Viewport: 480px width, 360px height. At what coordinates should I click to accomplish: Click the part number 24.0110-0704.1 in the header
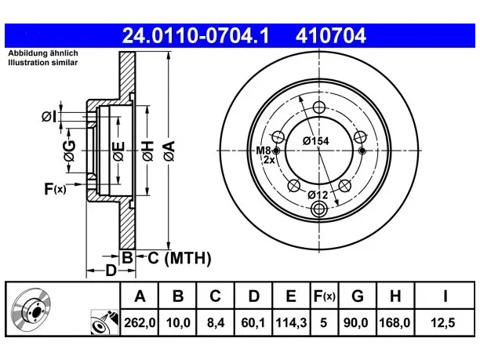(x=195, y=35)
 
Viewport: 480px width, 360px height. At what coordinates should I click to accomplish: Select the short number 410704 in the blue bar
(x=331, y=35)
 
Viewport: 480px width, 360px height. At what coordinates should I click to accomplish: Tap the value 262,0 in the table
(x=140, y=322)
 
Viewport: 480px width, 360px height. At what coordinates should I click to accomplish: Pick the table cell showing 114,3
(x=291, y=322)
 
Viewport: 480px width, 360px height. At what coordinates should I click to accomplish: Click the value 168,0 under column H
(x=395, y=322)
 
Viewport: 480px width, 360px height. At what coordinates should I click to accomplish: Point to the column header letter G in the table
(x=358, y=296)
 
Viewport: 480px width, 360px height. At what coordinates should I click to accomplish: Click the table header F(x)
(x=325, y=296)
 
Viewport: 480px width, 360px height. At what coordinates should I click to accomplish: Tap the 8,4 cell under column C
(x=216, y=322)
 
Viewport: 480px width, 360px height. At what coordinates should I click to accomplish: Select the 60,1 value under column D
(x=253, y=322)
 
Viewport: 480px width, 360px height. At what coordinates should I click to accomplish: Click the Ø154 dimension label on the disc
(x=315, y=141)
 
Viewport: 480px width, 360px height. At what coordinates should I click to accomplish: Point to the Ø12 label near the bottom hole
(x=318, y=195)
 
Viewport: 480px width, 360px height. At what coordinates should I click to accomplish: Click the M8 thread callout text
(x=264, y=151)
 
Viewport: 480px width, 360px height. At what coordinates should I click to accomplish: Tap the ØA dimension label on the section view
(x=169, y=151)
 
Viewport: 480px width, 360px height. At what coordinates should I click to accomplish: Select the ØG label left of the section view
(x=70, y=151)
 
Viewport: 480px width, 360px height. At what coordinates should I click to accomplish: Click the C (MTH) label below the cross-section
(x=180, y=258)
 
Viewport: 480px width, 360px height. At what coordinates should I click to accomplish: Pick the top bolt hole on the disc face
(x=319, y=107)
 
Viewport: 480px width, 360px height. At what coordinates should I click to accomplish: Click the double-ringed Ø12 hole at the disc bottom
(x=319, y=209)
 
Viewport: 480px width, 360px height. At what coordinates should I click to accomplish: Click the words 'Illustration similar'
(x=43, y=63)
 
